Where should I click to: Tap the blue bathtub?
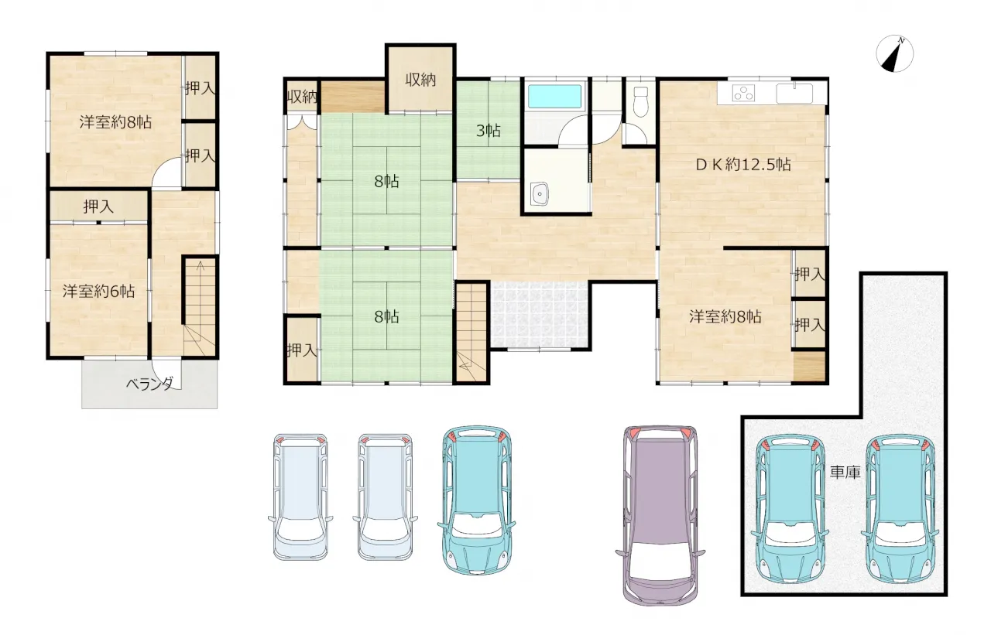[x=555, y=97]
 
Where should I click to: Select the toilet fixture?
[x=640, y=101]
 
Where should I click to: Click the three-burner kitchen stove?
[x=743, y=94]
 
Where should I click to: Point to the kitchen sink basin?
[x=794, y=94]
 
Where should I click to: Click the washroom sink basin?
[x=540, y=193]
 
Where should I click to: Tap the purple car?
[x=660, y=515]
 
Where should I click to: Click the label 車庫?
[x=845, y=473]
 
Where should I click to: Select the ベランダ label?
[x=149, y=384]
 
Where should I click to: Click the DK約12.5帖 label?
[x=743, y=165]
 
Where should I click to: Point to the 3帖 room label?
[x=488, y=131]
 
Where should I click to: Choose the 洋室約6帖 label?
[x=98, y=292]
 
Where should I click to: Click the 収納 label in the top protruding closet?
[x=420, y=80]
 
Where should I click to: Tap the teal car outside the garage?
[x=477, y=500]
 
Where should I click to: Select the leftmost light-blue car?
[x=300, y=497]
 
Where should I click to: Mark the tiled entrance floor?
[x=540, y=314]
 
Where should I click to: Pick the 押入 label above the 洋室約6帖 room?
[x=98, y=207]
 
